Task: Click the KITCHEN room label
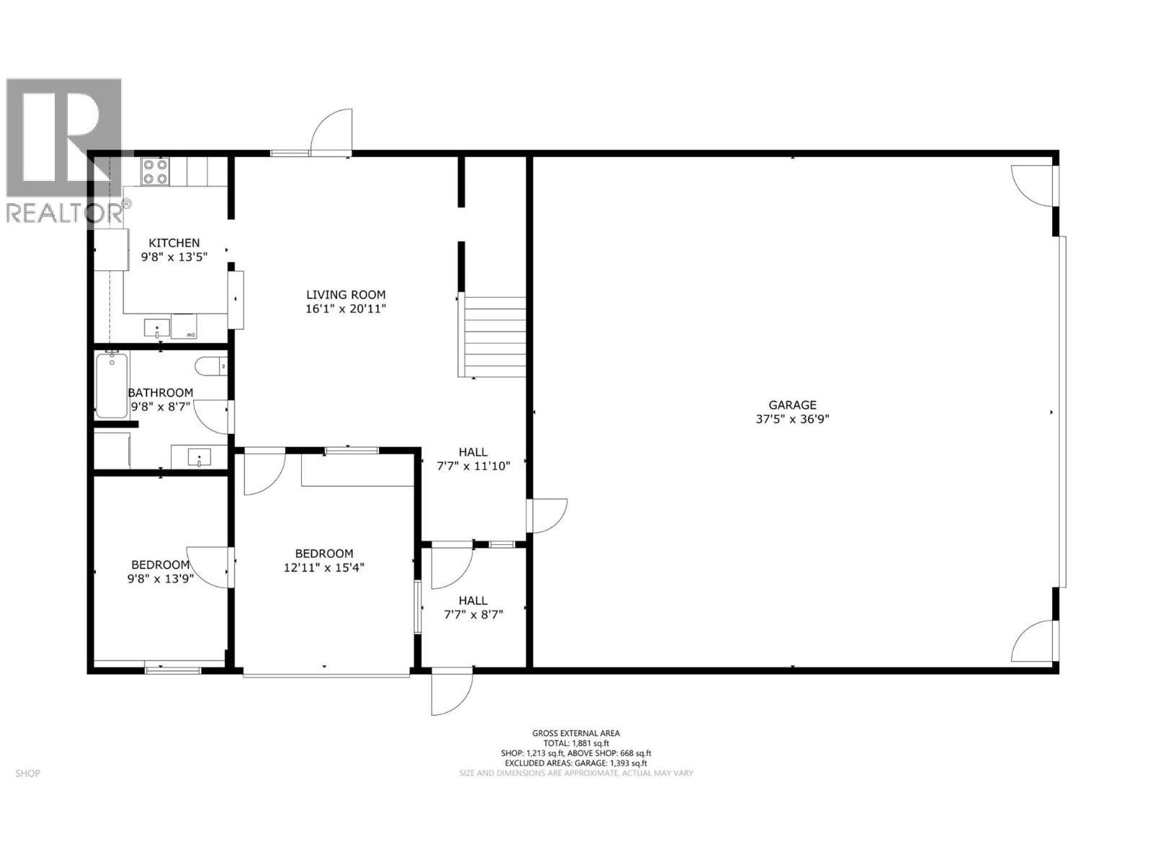click(174, 243)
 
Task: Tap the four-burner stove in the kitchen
click(155, 171)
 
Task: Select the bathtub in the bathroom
click(111, 386)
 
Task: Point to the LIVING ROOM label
click(346, 294)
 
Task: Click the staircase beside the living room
click(494, 337)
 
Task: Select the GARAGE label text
click(792, 405)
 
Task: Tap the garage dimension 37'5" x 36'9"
click(792, 419)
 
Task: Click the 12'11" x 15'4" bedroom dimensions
click(324, 567)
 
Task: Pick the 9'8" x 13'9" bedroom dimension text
click(160, 578)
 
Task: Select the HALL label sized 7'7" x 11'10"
click(473, 452)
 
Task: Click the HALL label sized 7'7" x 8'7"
click(473, 600)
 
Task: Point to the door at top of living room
click(332, 132)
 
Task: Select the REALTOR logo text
click(65, 213)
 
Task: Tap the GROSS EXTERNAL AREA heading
click(576, 733)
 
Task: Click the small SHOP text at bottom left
click(27, 773)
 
